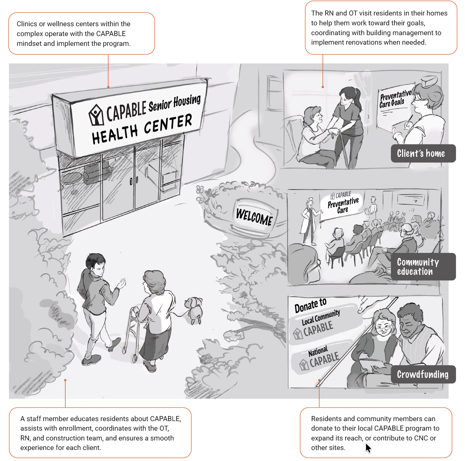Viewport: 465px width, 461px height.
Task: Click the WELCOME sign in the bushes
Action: (x=254, y=217)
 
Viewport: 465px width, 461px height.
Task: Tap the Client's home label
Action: (x=423, y=153)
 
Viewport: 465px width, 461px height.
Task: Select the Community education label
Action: (x=423, y=267)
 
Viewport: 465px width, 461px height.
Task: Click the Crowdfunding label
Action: (x=423, y=374)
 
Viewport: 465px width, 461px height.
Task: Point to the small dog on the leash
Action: (x=194, y=310)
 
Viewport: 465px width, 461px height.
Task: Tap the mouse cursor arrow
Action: (x=368, y=448)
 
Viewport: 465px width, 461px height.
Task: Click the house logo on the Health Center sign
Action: (x=96, y=115)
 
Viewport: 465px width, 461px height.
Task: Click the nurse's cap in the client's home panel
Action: (x=429, y=81)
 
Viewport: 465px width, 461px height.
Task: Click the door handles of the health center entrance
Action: (x=134, y=181)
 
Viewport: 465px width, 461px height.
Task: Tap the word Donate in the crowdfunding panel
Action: (x=306, y=306)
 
